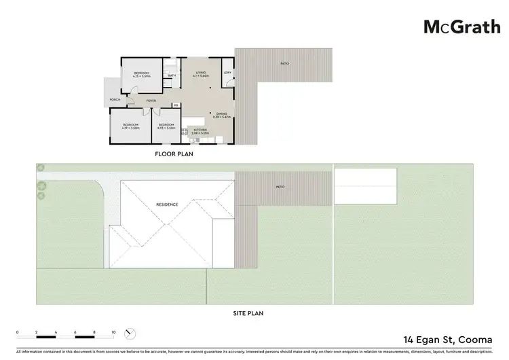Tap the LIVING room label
tap(201, 72)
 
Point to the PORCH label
tap(115, 101)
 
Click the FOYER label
tap(151, 101)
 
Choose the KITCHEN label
tap(200, 129)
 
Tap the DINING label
tap(222, 113)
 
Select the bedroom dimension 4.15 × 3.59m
tap(140, 77)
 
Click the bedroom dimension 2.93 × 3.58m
tap(166, 128)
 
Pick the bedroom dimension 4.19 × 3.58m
tap(131, 128)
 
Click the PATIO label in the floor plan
tap(284, 64)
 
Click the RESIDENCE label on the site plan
tap(167, 204)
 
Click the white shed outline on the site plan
tap(365, 184)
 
